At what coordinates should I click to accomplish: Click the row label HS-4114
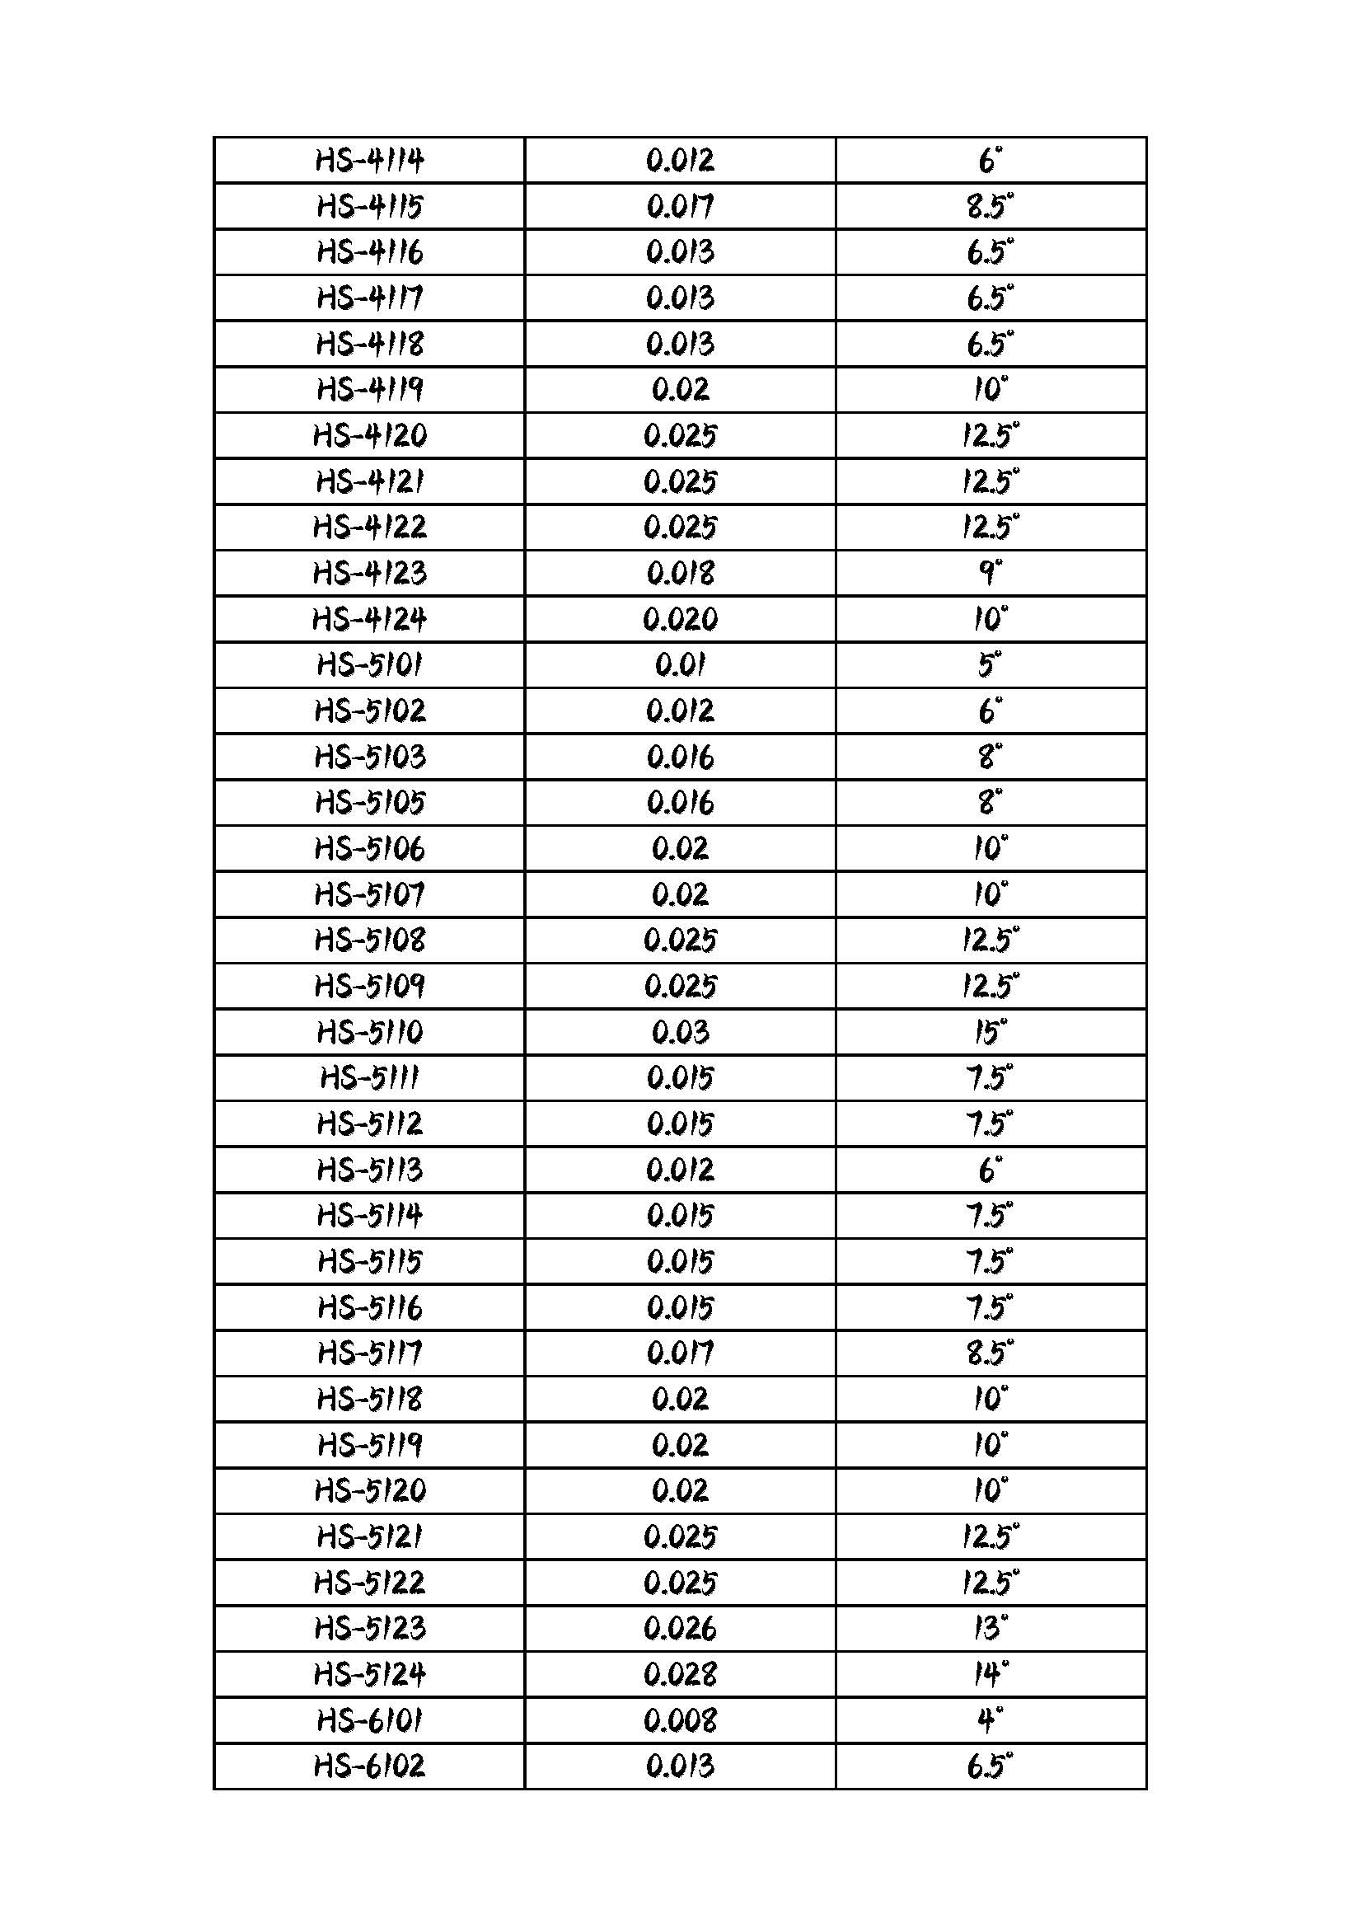click(369, 161)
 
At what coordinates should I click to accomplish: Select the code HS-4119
click(369, 390)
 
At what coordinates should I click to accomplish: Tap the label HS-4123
click(369, 574)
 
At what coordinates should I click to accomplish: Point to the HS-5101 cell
click(369, 665)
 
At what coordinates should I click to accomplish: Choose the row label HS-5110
click(369, 1032)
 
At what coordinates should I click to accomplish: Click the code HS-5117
click(369, 1353)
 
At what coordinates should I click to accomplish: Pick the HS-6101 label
click(369, 1719)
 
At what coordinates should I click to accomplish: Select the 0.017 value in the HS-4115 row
click(680, 207)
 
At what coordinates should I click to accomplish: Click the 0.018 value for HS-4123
click(680, 574)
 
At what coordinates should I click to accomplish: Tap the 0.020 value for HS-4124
click(680, 620)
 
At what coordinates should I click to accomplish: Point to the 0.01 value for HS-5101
click(680, 665)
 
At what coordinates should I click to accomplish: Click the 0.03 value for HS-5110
click(680, 1032)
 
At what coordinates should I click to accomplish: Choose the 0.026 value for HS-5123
click(680, 1628)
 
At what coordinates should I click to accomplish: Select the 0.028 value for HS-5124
click(680, 1674)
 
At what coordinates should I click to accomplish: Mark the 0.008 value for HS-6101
click(680, 1719)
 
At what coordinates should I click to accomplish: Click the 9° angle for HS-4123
click(991, 574)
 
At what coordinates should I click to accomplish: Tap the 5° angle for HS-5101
click(991, 665)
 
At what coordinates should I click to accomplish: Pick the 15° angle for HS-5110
click(991, 1032)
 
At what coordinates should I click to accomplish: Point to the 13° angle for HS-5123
click(991, 1628)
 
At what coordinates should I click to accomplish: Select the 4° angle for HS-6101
click(991, 1719)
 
